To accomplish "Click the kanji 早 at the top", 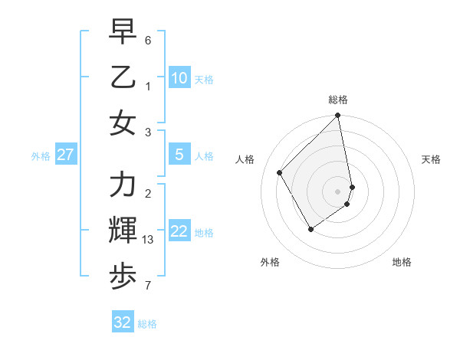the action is point(123,32).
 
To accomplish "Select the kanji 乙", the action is point(123,77).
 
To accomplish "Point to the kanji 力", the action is point(123,186).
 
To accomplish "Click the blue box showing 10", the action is point(179,78).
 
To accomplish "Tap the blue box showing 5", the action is point(179,155).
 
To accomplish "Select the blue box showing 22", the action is point(179,231).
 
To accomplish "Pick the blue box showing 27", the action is point(65,155).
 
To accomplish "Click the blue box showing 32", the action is point(123,322).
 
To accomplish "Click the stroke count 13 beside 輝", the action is point(149,241).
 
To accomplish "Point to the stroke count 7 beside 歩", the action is point(148,286).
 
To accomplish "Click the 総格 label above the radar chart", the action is point(338,100).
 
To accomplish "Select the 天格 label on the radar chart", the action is point(432,159).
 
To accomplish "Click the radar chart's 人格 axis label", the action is point(245,159).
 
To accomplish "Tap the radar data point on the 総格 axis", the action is point(338,116).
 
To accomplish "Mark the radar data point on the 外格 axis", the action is point(310,229).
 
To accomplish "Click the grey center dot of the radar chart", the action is point(338,191).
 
